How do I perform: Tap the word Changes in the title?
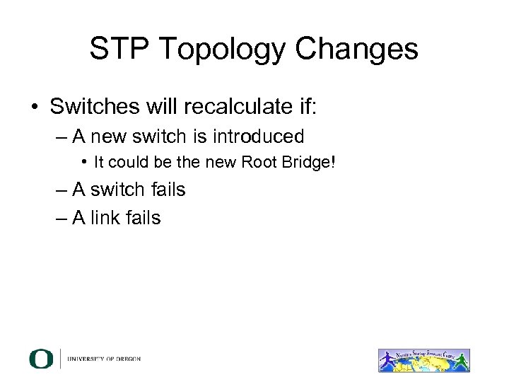(x=358, y=50)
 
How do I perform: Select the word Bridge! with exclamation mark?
(x=307, y=163)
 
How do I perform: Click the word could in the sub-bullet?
(x=124, y=163)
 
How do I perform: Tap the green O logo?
(x=41, y=359)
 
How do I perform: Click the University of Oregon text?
(x=104, y=359)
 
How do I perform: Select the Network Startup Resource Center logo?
(x=423, y=360)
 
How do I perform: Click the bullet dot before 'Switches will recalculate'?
(x=34, y=108)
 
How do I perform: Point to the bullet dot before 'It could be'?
(x=84, y=163)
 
